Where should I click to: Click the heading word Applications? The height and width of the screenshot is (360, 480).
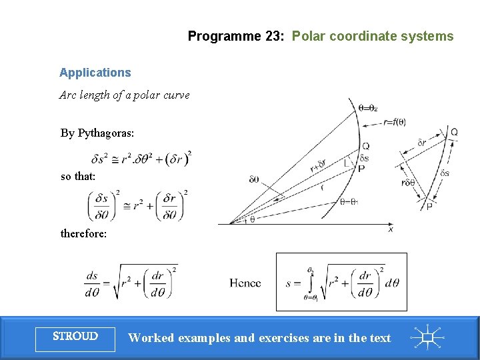95,73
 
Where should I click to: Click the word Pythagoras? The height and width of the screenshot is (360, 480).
106,133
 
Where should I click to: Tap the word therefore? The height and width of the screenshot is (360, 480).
83,234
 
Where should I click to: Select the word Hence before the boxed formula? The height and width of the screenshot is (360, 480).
245,283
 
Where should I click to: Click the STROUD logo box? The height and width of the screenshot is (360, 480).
75,337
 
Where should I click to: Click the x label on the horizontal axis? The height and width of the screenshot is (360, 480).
391,229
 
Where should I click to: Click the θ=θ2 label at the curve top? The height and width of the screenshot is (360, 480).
368,107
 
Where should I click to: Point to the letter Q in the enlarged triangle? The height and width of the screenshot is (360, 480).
454,132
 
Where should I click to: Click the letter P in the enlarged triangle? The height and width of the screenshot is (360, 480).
429,207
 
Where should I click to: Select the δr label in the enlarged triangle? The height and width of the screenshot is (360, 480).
421,143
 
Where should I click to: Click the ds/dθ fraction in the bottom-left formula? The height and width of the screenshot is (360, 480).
92,283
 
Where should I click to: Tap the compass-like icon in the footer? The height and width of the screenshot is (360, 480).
427,337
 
